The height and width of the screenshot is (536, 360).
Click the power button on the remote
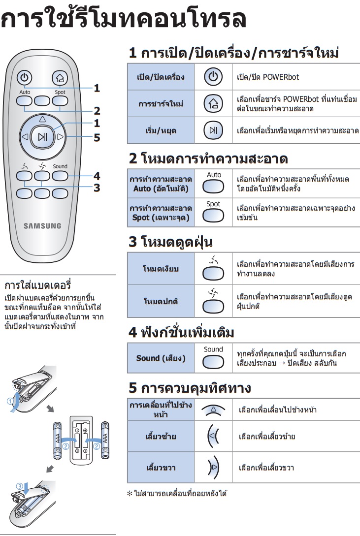point(24,77)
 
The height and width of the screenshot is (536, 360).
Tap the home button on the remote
point(60,78)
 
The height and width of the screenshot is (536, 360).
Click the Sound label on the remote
point(60,166)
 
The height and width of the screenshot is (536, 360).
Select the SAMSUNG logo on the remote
point(42,225)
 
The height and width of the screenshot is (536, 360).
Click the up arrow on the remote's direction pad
point(42,119)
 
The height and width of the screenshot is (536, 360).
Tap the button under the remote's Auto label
point(24,101)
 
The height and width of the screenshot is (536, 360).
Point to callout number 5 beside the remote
point(97,137)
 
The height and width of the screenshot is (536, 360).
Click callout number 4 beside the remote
point(97,176)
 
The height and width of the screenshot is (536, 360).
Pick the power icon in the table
point(213,77)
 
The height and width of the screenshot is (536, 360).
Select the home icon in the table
point(213,103)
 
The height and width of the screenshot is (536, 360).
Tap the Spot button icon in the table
point(213,216)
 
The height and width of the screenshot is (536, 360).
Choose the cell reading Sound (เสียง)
point(161,358)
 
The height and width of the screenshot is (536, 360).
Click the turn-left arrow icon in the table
point(213,436)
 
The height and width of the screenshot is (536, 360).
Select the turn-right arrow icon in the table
point(214,467)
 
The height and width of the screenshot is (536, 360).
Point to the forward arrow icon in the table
point(213,410)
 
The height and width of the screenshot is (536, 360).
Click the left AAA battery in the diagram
point(58,441)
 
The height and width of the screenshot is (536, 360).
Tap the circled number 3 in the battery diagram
point(20,486)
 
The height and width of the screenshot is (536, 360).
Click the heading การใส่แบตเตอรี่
point(37,285)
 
